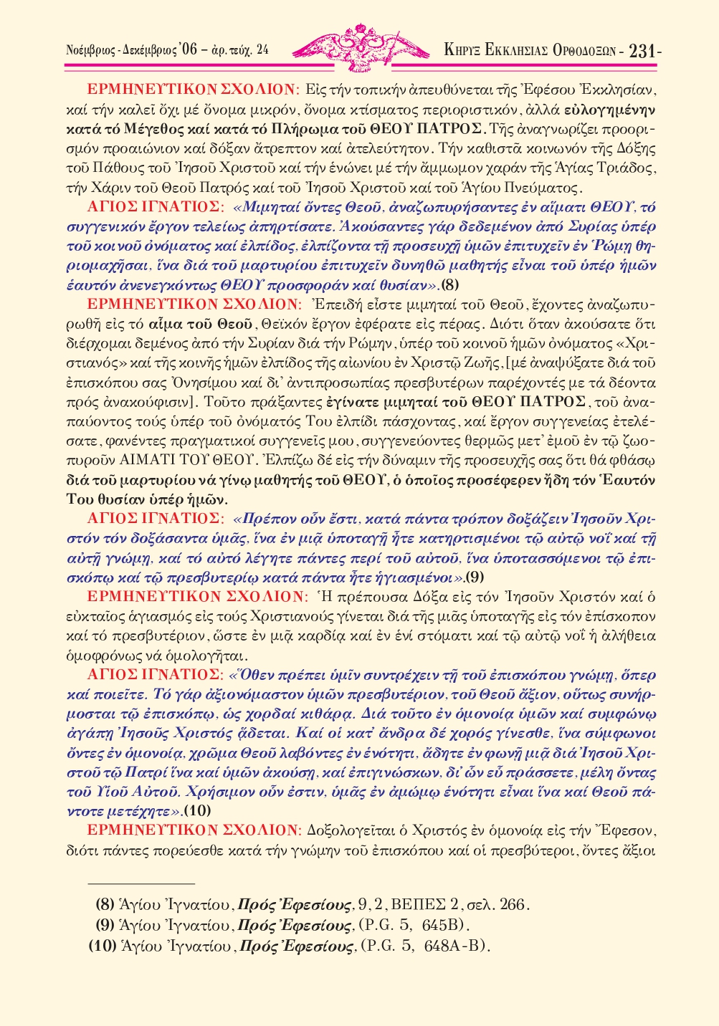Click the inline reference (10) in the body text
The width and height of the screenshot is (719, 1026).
197,811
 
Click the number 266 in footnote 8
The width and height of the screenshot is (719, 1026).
512,904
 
